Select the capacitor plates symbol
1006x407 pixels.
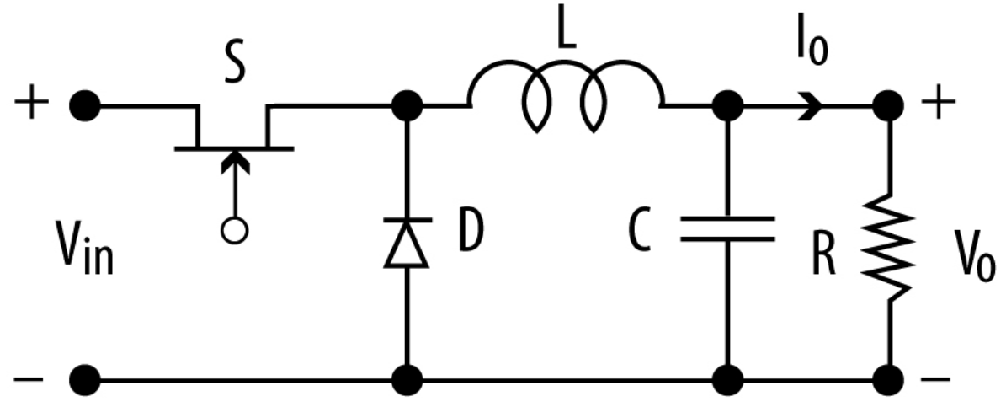tap(727, 228)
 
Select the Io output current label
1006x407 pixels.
tap(810, 50)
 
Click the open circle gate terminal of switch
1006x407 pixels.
tap(235, 230)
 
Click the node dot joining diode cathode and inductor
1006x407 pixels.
tap(407, 106)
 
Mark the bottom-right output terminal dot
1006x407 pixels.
tap(889, 377)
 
